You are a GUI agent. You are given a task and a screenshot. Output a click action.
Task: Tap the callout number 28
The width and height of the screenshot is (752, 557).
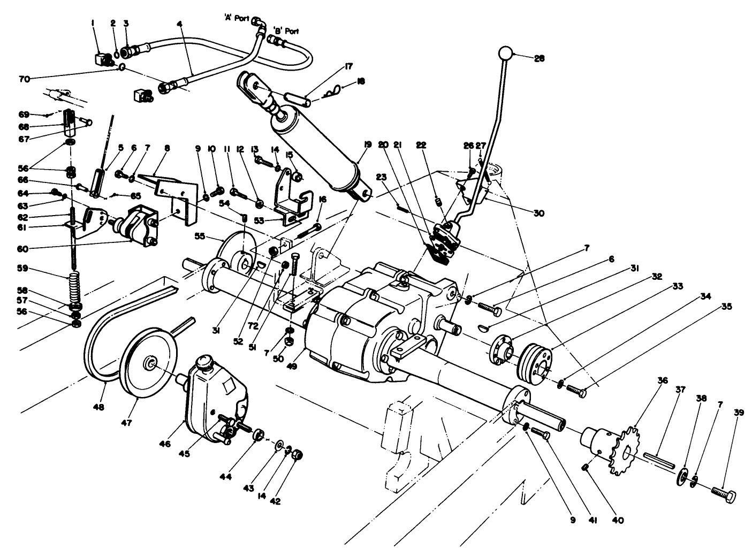point(539,59)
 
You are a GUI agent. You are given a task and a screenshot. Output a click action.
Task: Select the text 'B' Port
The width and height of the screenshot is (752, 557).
point(286,31)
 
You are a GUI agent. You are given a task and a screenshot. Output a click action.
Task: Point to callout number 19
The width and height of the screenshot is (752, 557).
point(367,144)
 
